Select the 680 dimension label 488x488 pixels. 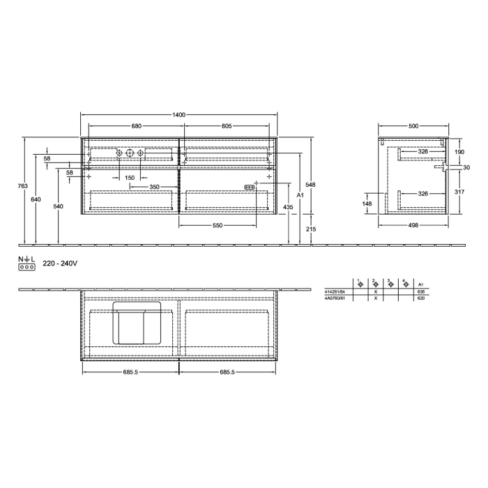pos(137,126)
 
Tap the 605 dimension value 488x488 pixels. pos(227,126)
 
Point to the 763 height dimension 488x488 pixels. pos(22,186)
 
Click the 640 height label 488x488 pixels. pos(36,200)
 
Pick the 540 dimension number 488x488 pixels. pos(58,206)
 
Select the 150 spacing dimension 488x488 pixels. pos(130,178)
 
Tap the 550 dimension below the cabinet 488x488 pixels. pos(218,226)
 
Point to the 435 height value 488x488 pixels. pos(287,208)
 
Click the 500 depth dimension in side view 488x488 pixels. pos(413,126)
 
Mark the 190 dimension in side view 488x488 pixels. pos(459,151)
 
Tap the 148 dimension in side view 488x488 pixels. pos(367,204)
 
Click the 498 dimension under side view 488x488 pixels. pos(413,226)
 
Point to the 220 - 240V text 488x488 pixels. pos(59,264)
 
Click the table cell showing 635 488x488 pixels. pos(420,292)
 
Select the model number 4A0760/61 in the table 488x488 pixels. pos(335,298)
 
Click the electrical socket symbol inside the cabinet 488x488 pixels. pos(248,186)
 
